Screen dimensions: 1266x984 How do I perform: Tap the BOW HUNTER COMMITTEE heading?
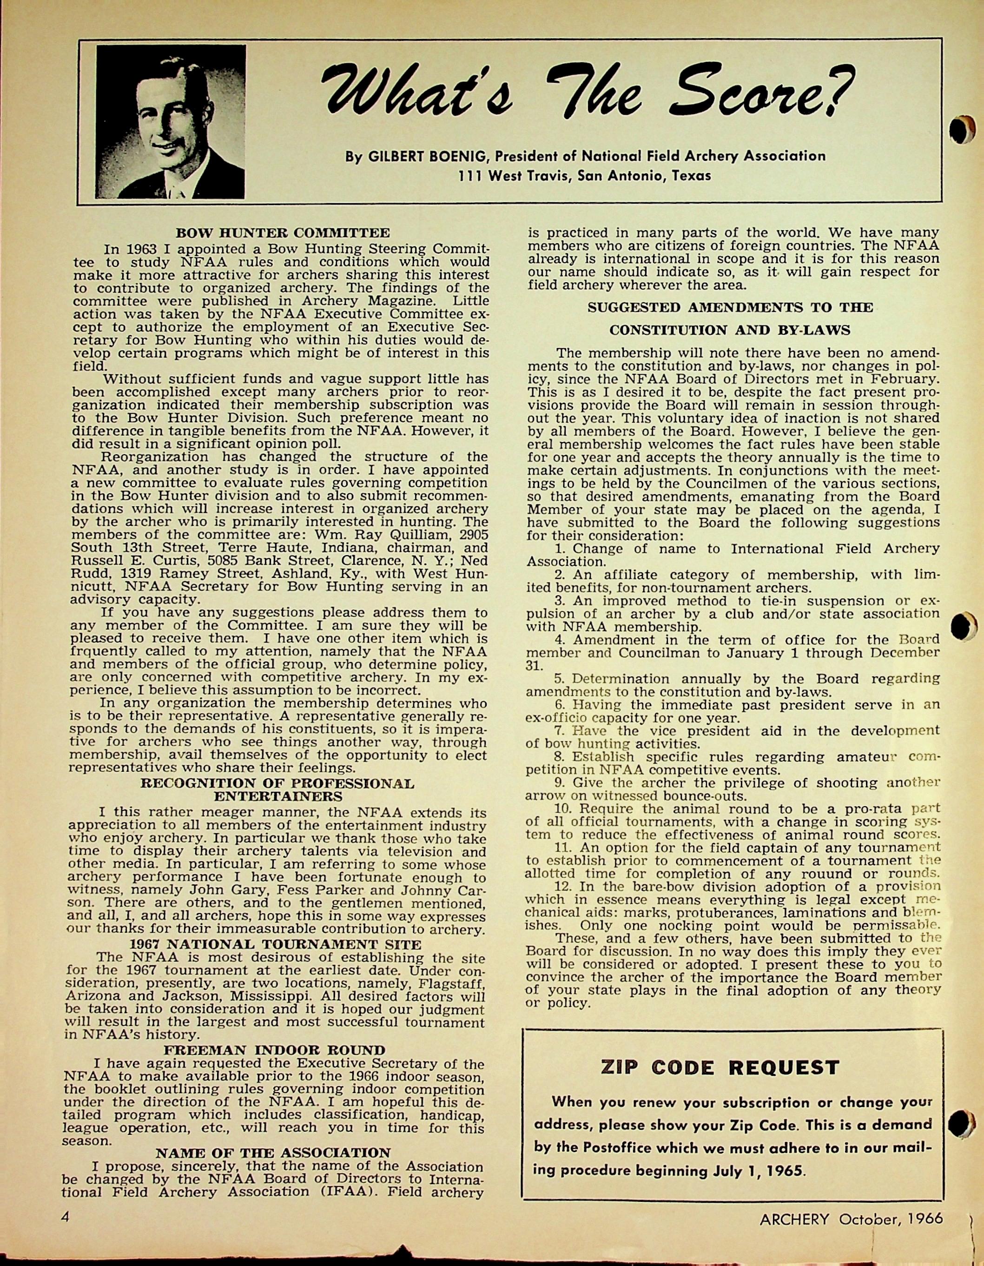pos(282,233)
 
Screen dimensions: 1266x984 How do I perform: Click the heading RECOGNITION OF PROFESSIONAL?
pos(277,784)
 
